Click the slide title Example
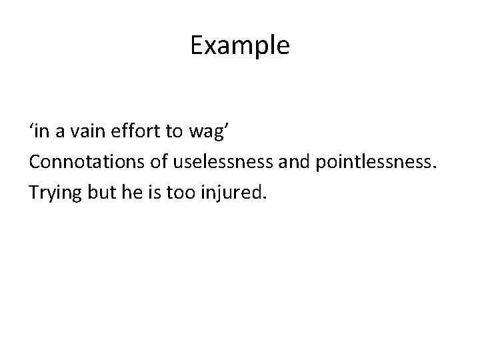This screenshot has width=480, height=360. (x=239, y=46)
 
